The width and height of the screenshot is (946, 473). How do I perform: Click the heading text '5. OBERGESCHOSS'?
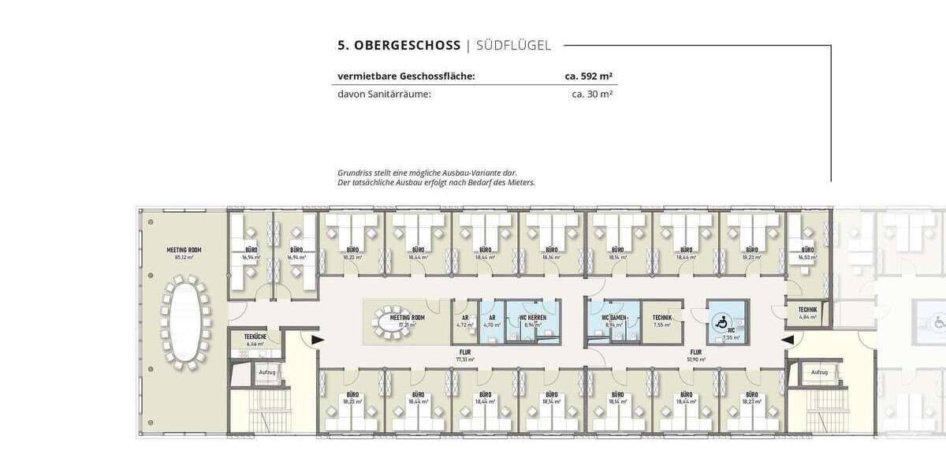tap(399, 46)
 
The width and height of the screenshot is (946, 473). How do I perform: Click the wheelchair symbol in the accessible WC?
tap(720, 321)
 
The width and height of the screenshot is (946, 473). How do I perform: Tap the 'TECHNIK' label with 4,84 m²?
tap(806, 310)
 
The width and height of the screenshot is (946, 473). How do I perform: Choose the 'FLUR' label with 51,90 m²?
tap(696, 352)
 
